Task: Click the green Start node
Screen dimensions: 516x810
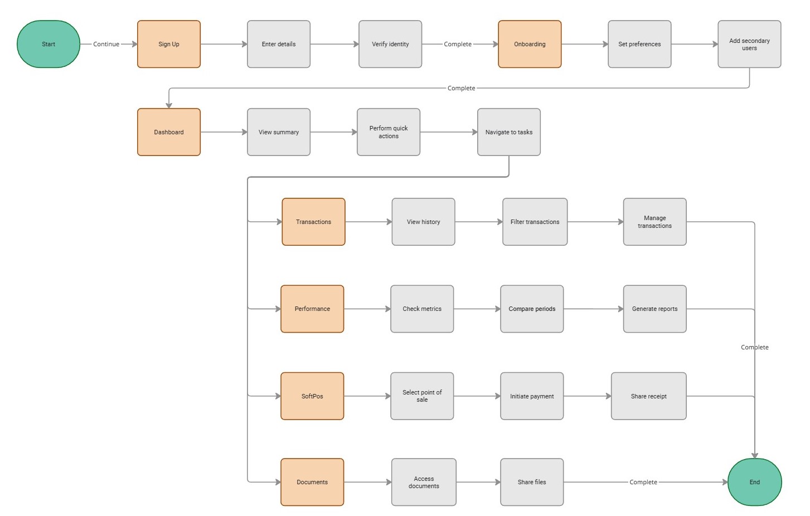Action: tap(48, 44)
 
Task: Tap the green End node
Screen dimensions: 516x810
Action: tap(754, 482)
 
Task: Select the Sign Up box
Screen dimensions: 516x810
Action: tap(168, 44)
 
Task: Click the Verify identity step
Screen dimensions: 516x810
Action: tap(390, 44)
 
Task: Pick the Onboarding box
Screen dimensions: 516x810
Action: tap(530, 44)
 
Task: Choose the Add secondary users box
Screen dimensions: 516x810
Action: tap(749, 44)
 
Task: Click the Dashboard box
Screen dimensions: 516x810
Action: tap(168, 132)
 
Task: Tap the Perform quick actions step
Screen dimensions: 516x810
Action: tap(389, 132)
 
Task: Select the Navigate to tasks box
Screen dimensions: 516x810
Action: tap(508, 132)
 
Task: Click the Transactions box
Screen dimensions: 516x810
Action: tap(313, 222)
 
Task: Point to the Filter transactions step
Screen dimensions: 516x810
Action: tap(535, 222)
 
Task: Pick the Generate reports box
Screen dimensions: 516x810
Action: tap(654, 309)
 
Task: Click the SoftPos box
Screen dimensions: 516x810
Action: tap(312, 396)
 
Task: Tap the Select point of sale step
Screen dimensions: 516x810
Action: tap(422, 396)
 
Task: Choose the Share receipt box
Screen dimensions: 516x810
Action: tap(648, 396)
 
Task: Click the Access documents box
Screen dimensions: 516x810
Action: tap(424, 482)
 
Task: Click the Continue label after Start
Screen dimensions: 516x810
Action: tap(106, 44)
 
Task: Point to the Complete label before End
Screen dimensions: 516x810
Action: tap(643, 482)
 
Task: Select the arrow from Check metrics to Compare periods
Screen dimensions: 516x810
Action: tap(477, 309)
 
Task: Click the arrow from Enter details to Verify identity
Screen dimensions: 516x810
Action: tap(334, 44)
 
